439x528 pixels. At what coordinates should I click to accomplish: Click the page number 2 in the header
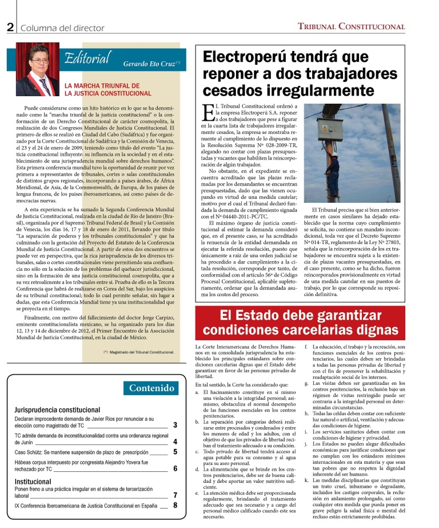click(10, 27)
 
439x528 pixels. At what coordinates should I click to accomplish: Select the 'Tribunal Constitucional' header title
click(351, 27)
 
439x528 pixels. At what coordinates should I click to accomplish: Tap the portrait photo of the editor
click(37, 69)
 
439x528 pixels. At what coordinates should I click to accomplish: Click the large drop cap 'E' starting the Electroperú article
click(207, 112)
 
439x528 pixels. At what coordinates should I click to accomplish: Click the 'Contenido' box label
click(151, 388)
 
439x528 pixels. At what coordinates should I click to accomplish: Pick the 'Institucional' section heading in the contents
click(37, 482)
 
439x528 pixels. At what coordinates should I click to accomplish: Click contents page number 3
click(175, 425)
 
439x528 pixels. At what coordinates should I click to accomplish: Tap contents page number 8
click(175, 505)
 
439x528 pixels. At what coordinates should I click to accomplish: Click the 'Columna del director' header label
click(62, 27)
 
